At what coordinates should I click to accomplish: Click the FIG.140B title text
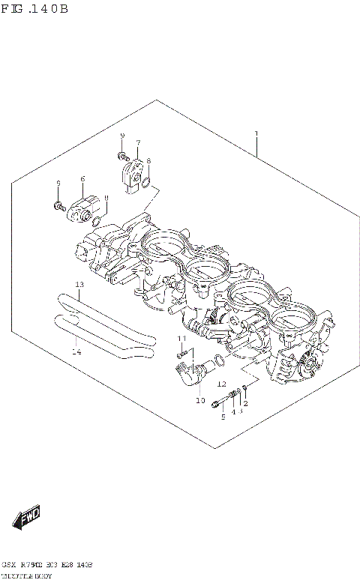(x=34, y=9)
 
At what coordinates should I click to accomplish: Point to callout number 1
(x=256, y=134)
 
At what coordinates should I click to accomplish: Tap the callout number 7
(x=138, y=142)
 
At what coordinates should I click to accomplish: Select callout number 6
(x=82, y=179)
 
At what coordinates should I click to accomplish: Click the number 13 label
(x=79, y=285)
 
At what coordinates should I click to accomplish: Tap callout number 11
(x=181, y=339)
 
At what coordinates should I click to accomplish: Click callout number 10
(x=199, y=400)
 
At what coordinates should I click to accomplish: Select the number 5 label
(x=222, y=417)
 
